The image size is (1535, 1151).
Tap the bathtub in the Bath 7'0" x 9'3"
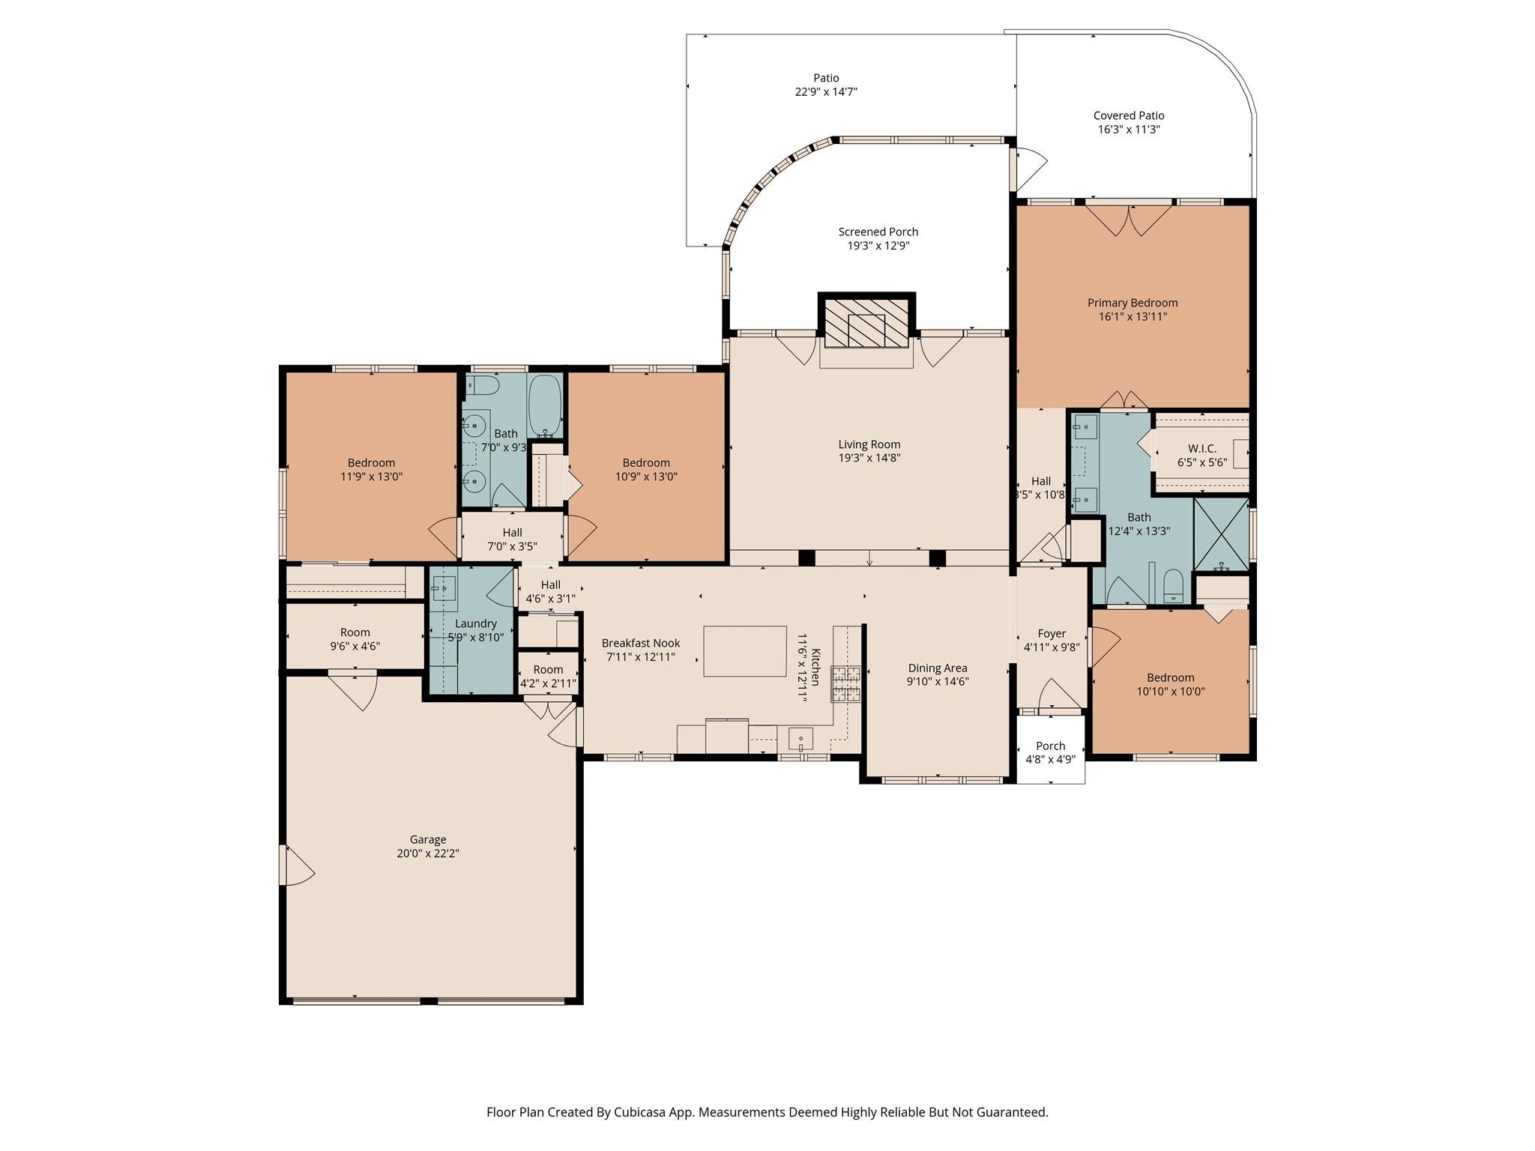[546, 405]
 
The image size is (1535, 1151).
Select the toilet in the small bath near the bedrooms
[483, 386]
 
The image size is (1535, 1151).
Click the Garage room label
[428, 839]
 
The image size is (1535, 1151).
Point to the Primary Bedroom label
[1133, 303]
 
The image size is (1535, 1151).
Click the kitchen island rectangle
[744, 651]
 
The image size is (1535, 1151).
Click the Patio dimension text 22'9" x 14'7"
[826, 92]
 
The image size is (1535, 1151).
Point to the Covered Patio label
[1129, 115]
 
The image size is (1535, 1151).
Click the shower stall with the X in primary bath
[1221, 534]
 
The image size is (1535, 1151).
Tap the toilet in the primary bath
[1172, 587]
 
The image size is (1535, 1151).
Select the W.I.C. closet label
[1202, 449]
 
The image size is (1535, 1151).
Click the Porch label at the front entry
[1051, 746]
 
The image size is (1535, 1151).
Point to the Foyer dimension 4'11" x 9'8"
[1052, 647]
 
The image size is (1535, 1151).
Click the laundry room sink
[444, 589]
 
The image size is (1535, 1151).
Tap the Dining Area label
[938, 668]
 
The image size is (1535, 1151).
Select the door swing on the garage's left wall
[296, 865]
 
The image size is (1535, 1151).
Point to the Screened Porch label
[878, 232]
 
